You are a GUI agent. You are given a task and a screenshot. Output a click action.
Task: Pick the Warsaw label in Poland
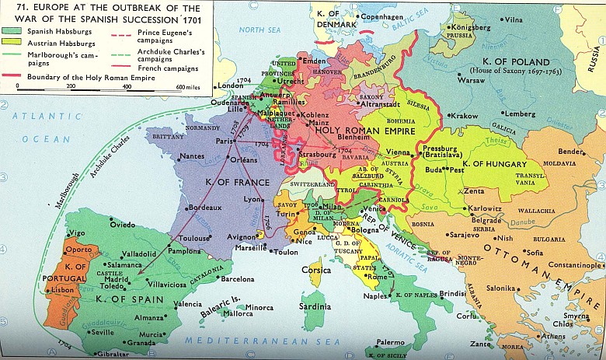pos(470,79)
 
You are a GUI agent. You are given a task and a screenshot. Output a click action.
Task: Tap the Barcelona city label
pos(238,278)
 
